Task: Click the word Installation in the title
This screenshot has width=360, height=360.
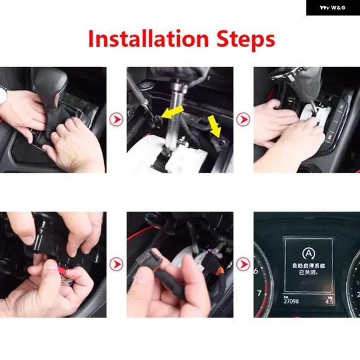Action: (x=148, y=38)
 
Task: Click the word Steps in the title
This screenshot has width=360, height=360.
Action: (x=245, y=40)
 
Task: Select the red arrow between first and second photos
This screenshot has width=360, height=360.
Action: (x=116, y=119)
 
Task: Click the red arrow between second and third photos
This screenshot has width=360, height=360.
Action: (x=243, y=119)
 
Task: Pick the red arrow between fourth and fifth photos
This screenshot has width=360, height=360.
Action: (x=116, y=264)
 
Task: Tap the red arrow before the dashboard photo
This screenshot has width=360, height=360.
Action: (x=243, y=264)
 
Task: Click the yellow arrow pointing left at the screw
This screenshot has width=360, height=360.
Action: (x=172, y=112)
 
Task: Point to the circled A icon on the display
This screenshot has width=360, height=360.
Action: (x=308, y=253)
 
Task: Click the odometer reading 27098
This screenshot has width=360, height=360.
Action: (x=292, y=301)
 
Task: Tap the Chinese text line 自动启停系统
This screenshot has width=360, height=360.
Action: (x=309, y=266)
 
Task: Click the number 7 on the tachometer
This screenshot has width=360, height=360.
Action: (x=259, y=293)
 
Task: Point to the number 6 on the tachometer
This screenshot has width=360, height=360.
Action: (x=256, y=271)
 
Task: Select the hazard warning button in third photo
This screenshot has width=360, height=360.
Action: (x=330, y=137)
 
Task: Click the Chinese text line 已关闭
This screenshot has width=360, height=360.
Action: (x=308, y=273)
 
